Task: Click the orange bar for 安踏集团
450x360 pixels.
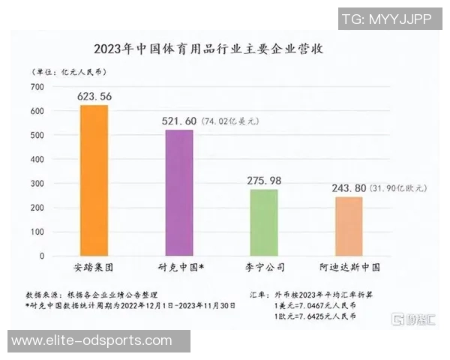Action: coord(94,181)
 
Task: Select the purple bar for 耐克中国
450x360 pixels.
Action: coord(178,193)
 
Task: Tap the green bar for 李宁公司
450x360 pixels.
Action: coord(263,223)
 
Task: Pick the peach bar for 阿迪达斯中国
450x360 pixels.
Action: coord(348,226)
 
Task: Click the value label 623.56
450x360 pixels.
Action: coord(94,96)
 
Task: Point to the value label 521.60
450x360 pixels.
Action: coord(178,121)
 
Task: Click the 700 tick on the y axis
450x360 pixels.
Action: coord(37,87)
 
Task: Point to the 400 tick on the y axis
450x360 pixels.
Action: coord(37,160)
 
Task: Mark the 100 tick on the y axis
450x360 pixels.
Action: coord(37,232)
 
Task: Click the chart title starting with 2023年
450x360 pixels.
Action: coord(214,50)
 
